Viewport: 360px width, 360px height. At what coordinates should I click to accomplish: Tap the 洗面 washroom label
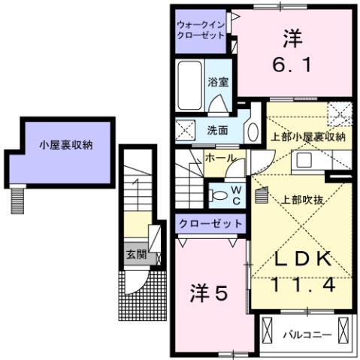coord(217,129)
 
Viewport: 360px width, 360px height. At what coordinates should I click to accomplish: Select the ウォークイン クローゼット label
coord(201,28)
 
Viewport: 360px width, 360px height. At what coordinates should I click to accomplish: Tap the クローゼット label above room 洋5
coord(210,223)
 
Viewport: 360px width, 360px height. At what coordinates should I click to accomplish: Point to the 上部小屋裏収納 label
coord(307,137)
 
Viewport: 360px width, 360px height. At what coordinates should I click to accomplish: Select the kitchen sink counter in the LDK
coord(308,162)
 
